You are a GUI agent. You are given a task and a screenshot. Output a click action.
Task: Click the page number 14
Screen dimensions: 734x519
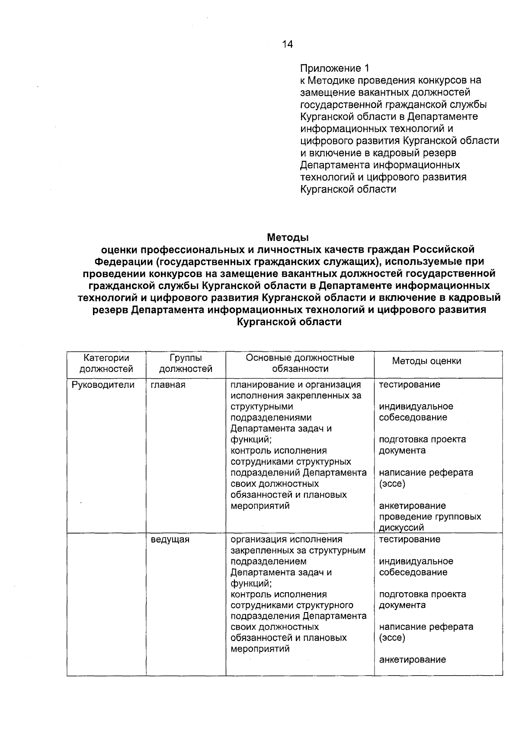(287, 44)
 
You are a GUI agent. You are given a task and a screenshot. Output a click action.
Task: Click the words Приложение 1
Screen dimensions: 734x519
(335, 68)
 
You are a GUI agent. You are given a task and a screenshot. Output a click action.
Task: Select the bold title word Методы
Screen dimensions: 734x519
(288, 237)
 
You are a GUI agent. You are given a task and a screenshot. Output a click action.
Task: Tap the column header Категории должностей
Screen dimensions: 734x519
(106, 364)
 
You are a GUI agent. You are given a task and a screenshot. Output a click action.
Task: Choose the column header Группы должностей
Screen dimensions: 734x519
(186, 364)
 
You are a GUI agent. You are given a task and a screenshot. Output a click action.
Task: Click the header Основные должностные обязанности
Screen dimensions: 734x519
(300, 364)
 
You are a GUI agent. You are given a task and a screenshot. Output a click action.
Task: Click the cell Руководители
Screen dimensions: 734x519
(103, 385)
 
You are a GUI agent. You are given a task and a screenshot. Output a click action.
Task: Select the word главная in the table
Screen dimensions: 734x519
(168, 385)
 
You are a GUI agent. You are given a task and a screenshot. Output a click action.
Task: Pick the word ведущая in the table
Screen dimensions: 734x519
(170, 539)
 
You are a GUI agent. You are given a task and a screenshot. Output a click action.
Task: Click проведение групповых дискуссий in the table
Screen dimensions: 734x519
(430, 522)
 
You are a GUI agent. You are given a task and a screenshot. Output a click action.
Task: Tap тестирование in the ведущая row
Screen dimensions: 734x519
(410, 539)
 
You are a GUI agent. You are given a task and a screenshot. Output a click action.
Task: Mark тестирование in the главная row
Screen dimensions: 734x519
(410, 385)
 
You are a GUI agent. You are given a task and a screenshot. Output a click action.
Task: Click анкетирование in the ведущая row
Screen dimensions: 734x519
(412, 660)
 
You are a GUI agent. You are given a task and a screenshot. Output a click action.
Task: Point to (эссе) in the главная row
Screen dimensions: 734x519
(392, 484)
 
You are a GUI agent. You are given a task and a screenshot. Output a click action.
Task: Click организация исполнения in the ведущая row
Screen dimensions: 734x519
(286, 539)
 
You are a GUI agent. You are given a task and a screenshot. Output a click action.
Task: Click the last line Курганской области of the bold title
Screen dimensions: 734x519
(289, 322)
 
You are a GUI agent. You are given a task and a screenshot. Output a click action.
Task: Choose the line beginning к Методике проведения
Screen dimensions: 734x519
(391, 80)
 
